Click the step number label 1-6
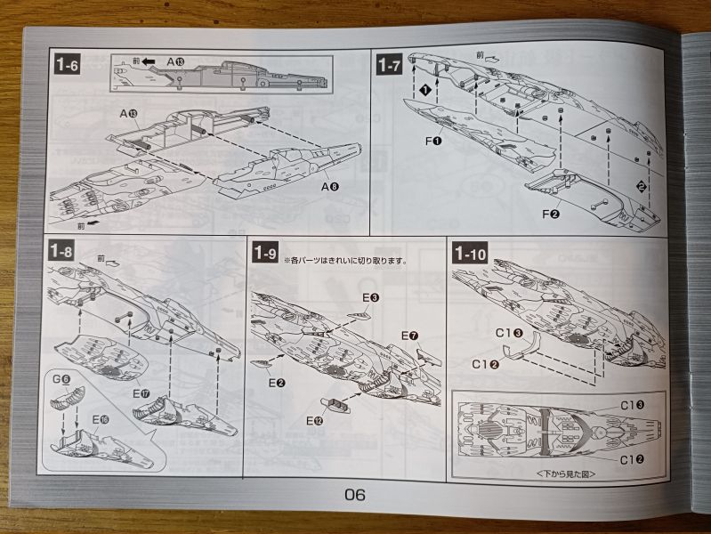tap(69, 65)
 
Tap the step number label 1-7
tap(389, 65)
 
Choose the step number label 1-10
tap(469, 254)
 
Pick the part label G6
tap(61, 380)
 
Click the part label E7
tap(409, 336)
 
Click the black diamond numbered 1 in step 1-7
tap(426, 89)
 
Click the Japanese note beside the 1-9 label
tap(344, 261)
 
